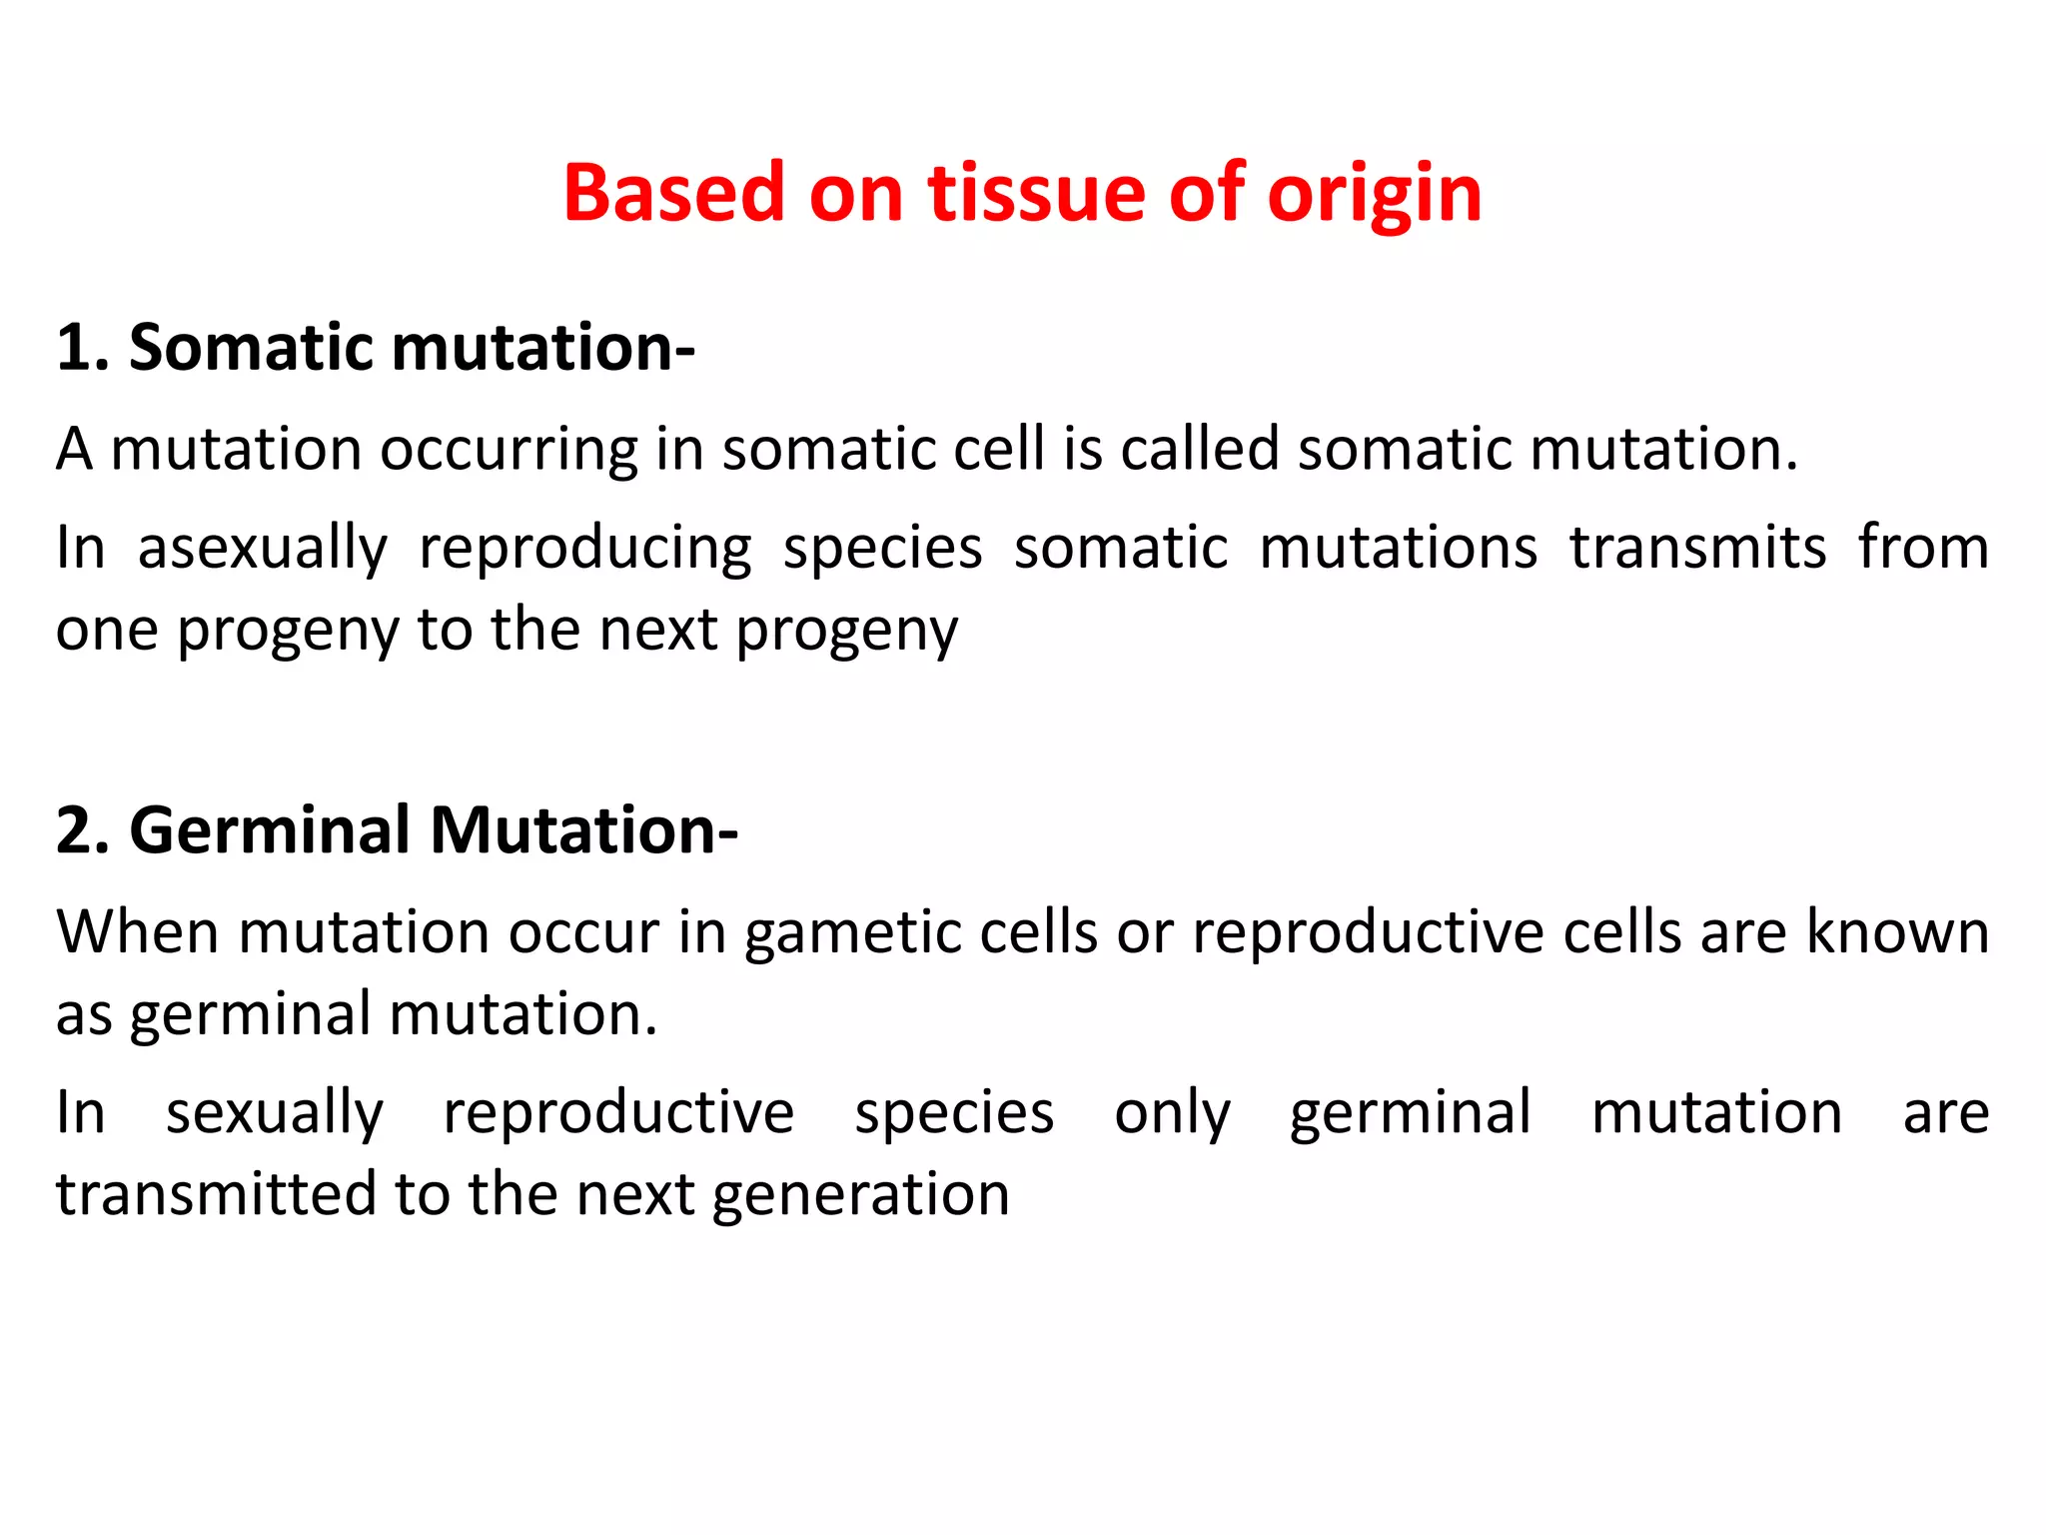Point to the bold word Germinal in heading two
[x=270, y=830]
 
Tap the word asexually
[x=262, y=550]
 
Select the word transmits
[x=1697, y=548]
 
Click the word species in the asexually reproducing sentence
[x=882, y=550]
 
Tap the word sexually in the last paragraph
[x=275, y=1113]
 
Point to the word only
[x=1172, y=1113]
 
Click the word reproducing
[x=584, y=550]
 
